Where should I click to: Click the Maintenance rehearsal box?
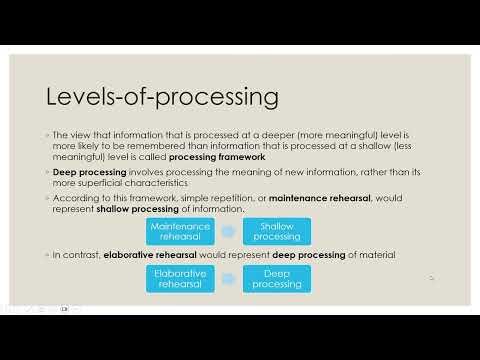coord(180,231)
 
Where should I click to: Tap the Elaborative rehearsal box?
coord(180,279)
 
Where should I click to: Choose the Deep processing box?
coord(276,279)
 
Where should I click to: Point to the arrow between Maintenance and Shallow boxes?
coord(228,231)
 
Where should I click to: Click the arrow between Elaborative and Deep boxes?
coord(228,279)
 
